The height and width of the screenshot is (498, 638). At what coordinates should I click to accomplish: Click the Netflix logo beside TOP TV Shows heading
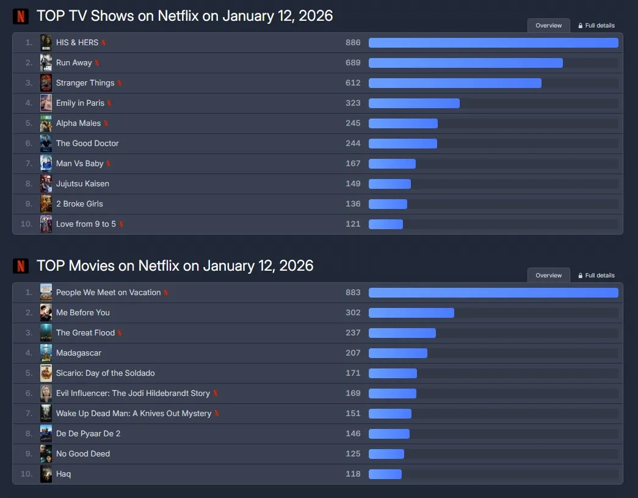pyautogui.click(x=21, y=16)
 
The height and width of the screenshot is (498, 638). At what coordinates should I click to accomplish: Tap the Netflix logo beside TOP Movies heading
pyautogui.click(x=21, y=266)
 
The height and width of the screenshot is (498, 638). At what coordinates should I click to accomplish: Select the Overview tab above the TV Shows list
pyautogui.click(x=548, y=26)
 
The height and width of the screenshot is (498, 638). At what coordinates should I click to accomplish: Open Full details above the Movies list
pyautogui.click(x=596, y=276)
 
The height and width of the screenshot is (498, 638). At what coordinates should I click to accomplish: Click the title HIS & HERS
pyautogui.click(x=77, y=43)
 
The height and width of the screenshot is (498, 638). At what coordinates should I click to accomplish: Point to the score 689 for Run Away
pyautogui.click(x=353, y=63)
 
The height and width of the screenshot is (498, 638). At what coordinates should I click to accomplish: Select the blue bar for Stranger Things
pyautogui.click(x=455, y=83)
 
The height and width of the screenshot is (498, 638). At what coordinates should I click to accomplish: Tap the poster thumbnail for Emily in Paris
pyautogui.click(x=46, y=103)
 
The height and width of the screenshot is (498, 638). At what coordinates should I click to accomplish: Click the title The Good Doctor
pyautogui.click(x=87, y=144)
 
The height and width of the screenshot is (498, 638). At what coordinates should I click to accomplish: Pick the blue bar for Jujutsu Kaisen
pyautogui.click(x=390, y=184)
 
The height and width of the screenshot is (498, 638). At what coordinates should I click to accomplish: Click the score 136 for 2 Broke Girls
pyautogui.click(x=353, y=204)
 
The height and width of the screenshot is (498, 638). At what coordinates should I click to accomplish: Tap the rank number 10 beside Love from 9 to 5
pyautogui.click(x=26, y=224)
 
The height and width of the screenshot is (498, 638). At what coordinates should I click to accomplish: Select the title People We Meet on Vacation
pyautogui.click(x=108, y=293)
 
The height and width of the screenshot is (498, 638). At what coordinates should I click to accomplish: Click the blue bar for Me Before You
pyautogui.click(x=411, y=313)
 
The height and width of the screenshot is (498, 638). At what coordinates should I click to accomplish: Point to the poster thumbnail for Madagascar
pyautogui.click(x=46, y=353)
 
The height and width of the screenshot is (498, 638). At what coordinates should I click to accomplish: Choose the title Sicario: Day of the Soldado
pyautogui.click(x=105, y=373)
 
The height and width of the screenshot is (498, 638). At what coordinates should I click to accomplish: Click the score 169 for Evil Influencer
pyautogui.click(x=353, y=394)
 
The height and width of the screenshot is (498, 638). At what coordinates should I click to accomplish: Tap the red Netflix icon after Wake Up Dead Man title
pyautogui.click(x=217, y=414)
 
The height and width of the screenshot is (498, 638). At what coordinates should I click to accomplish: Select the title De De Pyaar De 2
pyautogui.click(x=88, y=434)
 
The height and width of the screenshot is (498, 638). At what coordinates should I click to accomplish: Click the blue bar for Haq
pyautogui.click(x=385, y=474)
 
